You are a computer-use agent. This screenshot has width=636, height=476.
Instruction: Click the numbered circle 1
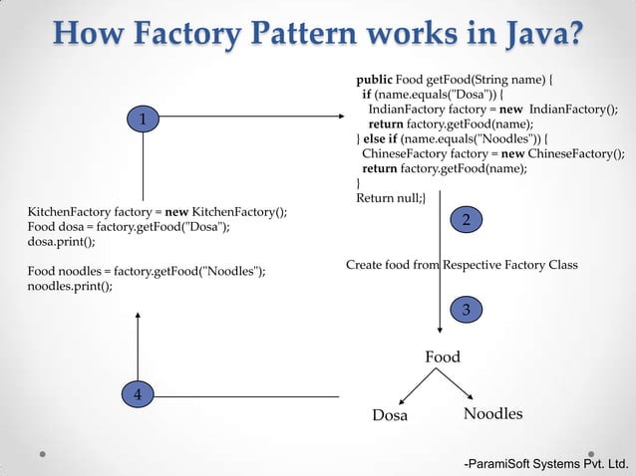point(144,120)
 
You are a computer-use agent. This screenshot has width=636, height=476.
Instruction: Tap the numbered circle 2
point(466,219)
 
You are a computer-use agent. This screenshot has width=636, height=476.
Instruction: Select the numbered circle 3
point(466,310)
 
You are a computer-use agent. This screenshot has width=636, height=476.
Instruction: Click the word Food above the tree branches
point(443,357)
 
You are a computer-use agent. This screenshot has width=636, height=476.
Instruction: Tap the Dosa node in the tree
point(390,415)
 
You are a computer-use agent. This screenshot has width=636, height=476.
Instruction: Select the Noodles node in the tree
point(492,414)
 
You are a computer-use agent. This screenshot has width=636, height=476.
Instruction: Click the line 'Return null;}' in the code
point(390,200)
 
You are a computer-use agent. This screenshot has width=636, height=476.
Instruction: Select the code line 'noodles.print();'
point(70,287)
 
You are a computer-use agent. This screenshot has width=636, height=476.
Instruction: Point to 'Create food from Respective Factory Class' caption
point(462,265)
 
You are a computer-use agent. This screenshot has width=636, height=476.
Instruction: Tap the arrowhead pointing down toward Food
point(440,336)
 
